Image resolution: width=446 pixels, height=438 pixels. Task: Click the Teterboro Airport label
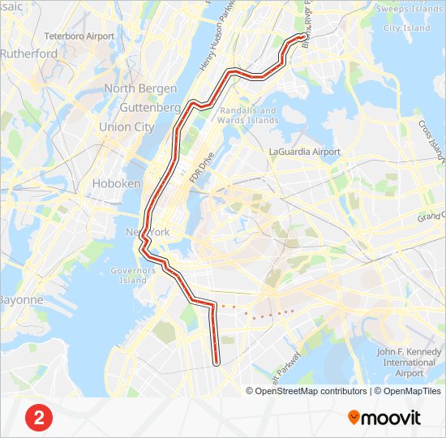coord(79,36)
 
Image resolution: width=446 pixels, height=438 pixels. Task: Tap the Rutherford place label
coord(28,54)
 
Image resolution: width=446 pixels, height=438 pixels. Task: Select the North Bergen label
coord(141,88)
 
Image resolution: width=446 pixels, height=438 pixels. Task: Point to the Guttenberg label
coord(149,107)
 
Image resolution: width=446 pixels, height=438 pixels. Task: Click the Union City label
coord(126,127)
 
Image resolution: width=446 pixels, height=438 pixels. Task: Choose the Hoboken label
coord(117,183)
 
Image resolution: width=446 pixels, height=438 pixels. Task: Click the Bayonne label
coord(20,299)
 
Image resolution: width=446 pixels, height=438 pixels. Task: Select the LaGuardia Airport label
coord(305,152)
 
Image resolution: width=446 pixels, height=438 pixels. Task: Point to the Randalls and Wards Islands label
coord(248,115)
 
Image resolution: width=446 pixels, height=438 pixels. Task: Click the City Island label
coord(406,28)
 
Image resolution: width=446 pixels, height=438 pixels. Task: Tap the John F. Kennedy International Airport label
coord(410,362)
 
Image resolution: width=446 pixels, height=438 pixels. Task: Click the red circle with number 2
coord(38,418)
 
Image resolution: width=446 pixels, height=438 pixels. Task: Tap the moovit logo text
coord(391,418)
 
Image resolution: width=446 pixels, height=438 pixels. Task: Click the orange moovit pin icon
coord(353,417)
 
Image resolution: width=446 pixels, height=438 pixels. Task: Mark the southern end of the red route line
coord(217,364)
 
